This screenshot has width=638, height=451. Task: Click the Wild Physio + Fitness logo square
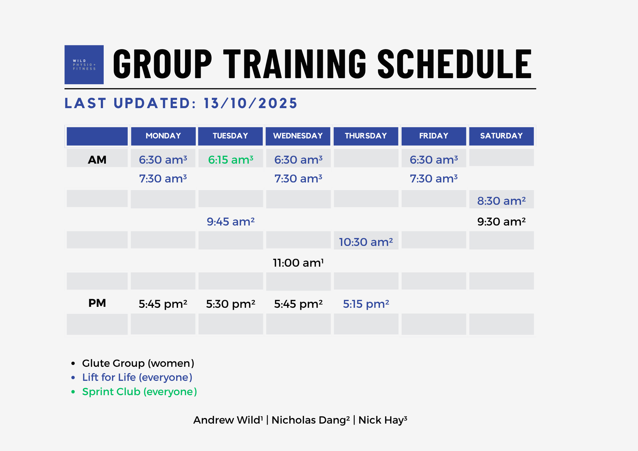84,64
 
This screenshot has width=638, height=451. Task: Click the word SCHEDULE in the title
455,64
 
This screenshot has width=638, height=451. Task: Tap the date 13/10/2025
250,103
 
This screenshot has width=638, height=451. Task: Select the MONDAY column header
163,136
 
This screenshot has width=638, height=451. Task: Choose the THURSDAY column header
366,136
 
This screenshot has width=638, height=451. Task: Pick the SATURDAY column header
501,136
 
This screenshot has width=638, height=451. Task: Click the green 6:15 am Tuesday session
231,159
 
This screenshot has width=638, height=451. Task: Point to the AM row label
97,160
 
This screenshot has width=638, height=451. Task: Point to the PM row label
97,303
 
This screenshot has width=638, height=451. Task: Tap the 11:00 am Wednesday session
298,263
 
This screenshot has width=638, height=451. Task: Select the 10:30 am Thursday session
366,242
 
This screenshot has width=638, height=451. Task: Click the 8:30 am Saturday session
501,201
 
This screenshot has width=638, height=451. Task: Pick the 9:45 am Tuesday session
231,222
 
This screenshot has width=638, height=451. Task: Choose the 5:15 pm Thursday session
366,304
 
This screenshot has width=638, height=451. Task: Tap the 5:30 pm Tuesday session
231,304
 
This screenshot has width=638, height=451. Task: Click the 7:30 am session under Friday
434,179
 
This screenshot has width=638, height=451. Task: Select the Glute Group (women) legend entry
138,363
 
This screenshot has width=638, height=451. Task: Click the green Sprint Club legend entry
139,392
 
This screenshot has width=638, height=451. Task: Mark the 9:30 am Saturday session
501,222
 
